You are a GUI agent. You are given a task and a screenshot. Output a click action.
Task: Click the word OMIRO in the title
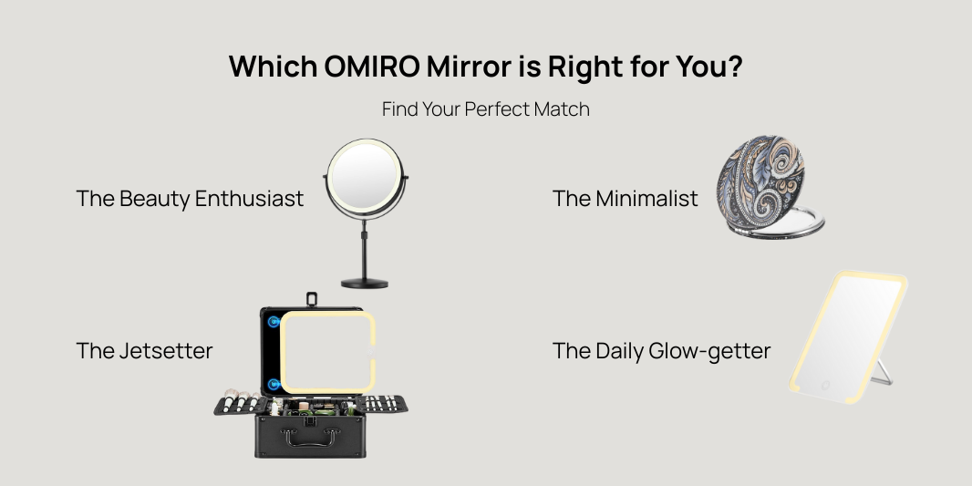[x=372, y=67]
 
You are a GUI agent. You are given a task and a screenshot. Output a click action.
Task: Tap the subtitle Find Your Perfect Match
[x=485, y=109]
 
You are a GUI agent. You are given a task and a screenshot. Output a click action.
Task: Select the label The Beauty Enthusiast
[x=190, y=199]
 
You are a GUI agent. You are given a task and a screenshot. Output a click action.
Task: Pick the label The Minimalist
[x=625, y=199]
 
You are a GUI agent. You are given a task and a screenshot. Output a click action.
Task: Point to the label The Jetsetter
[x=144, y=351]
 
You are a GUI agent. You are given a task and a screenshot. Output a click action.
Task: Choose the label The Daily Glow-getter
[x=661, y=351]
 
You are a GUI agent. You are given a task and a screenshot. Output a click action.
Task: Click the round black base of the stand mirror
[x=365, y=284]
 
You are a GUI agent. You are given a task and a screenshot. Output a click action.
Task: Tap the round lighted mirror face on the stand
[x=365, y=177]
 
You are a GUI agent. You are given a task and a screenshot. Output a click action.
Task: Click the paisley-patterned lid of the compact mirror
[x=760, y=181]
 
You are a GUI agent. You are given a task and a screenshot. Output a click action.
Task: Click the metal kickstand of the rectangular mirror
[x=883, y=373]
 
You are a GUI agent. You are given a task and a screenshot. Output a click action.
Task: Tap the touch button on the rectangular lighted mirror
[x=825, y=386]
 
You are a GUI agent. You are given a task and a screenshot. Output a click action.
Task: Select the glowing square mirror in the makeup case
[x=327, y=352]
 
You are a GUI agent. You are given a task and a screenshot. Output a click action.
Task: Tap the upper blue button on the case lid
[x=274, y=322]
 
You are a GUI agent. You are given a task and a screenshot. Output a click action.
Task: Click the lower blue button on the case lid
[x=274, y=385]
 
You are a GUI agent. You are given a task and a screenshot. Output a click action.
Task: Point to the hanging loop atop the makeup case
[x=312, y=299]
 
